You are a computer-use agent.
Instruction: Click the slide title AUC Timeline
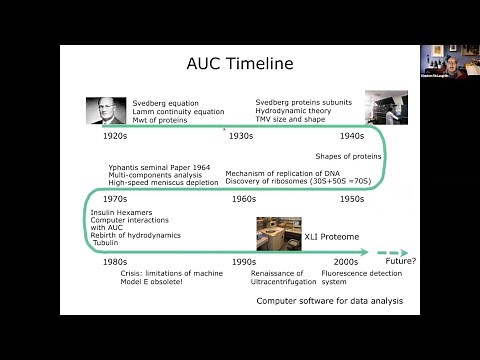(x=240, y=64)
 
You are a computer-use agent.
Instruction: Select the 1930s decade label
(x=241, y=135)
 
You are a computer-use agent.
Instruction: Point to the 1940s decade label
(x=350, y=135)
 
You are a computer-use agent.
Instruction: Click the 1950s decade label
(x=350, y=199)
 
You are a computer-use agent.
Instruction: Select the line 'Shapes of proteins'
(x=349, y=156)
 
